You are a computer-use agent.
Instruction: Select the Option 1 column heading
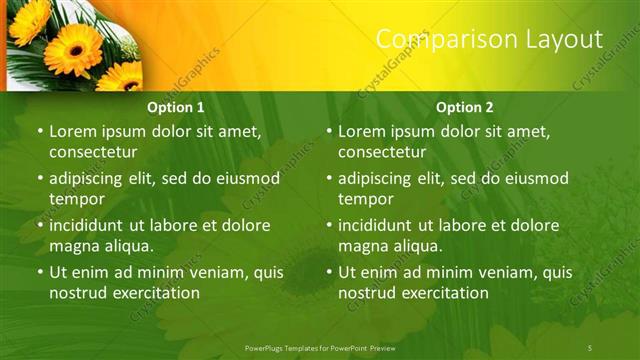pos(176,107)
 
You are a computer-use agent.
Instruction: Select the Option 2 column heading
pos(465,107)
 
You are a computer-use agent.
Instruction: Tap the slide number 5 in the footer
pos(589,347)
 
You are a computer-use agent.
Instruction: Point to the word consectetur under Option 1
pos(93,152)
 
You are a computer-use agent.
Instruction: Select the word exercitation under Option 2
pos(441,293)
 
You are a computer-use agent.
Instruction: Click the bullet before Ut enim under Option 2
pos(329,272)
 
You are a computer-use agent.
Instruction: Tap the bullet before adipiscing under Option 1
pos(40,178)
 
